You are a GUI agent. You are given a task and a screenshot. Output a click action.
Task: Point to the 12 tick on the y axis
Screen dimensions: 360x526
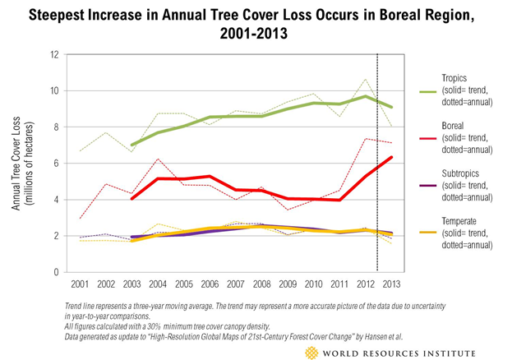[x=55, y=54]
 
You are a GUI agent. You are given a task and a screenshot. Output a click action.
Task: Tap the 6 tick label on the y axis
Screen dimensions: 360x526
[x=57, y=164]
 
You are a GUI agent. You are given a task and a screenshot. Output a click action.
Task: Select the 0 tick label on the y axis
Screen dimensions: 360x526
[x=57, y=272]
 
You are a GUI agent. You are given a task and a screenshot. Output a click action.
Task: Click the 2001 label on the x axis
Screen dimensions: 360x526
[x=79, y=284]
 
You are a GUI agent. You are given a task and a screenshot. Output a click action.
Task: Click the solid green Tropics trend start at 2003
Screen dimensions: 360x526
[x=131, y=145]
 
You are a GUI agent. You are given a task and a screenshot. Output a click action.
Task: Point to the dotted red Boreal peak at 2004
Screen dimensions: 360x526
[x=157, y=159]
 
